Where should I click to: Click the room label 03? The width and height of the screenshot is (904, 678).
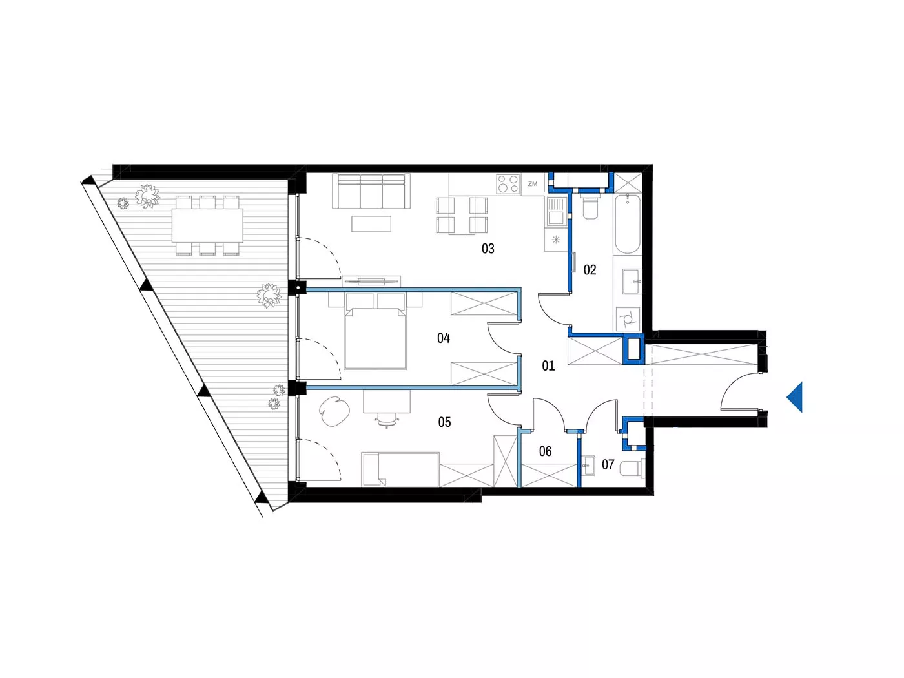[x=488, y=248]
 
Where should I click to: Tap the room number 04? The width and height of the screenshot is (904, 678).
[x=443, y=338]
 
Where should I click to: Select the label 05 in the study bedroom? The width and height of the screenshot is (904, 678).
[x=444, y=422]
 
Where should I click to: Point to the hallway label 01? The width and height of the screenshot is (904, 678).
[x=548, y=365]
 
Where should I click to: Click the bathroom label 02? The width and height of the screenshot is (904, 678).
[x=590, y=270]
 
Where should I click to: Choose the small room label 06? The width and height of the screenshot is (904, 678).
[x=545, y=451]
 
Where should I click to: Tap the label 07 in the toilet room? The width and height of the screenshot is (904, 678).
[x=608, y=464]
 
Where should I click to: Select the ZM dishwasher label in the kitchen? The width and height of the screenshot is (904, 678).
[x=533, y=184]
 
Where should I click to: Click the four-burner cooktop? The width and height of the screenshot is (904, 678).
[x=508, y=183]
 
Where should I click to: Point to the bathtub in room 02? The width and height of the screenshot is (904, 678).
[x=627, y=224]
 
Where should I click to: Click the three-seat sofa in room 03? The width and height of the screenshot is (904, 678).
[x=371, y=191]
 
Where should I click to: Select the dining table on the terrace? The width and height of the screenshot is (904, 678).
[x=207, y=225]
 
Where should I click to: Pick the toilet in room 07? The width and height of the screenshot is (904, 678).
[x=632, y=468]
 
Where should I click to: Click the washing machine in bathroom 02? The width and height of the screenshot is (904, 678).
[x=627, y=318]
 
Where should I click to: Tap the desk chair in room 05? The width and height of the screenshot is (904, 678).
[x=386, y=420]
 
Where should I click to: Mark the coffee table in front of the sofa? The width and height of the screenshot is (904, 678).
[x=371, y=224]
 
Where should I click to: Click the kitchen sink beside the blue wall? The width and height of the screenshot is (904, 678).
[x=555, y=211]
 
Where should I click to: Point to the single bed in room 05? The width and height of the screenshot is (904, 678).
[x=400, y=469]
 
